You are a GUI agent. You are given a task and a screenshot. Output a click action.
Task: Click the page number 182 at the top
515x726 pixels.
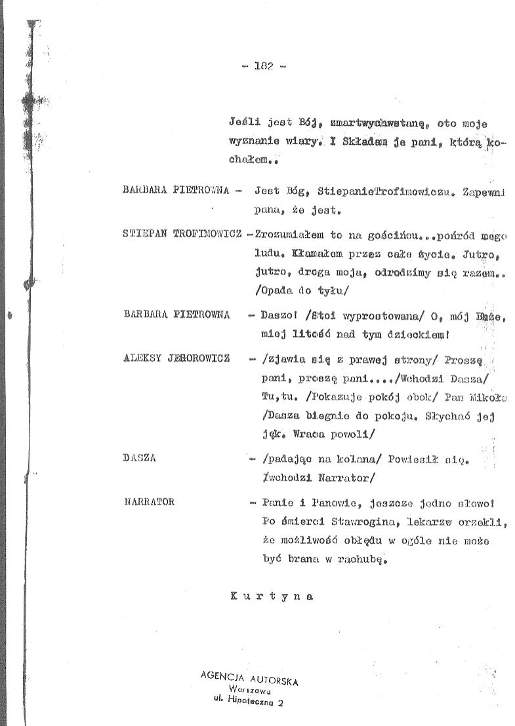(263, 66)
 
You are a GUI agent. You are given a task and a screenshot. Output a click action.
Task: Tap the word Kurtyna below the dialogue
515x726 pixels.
(272, 596)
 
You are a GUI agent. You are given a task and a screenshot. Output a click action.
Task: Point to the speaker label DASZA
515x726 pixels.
(139, 458)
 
